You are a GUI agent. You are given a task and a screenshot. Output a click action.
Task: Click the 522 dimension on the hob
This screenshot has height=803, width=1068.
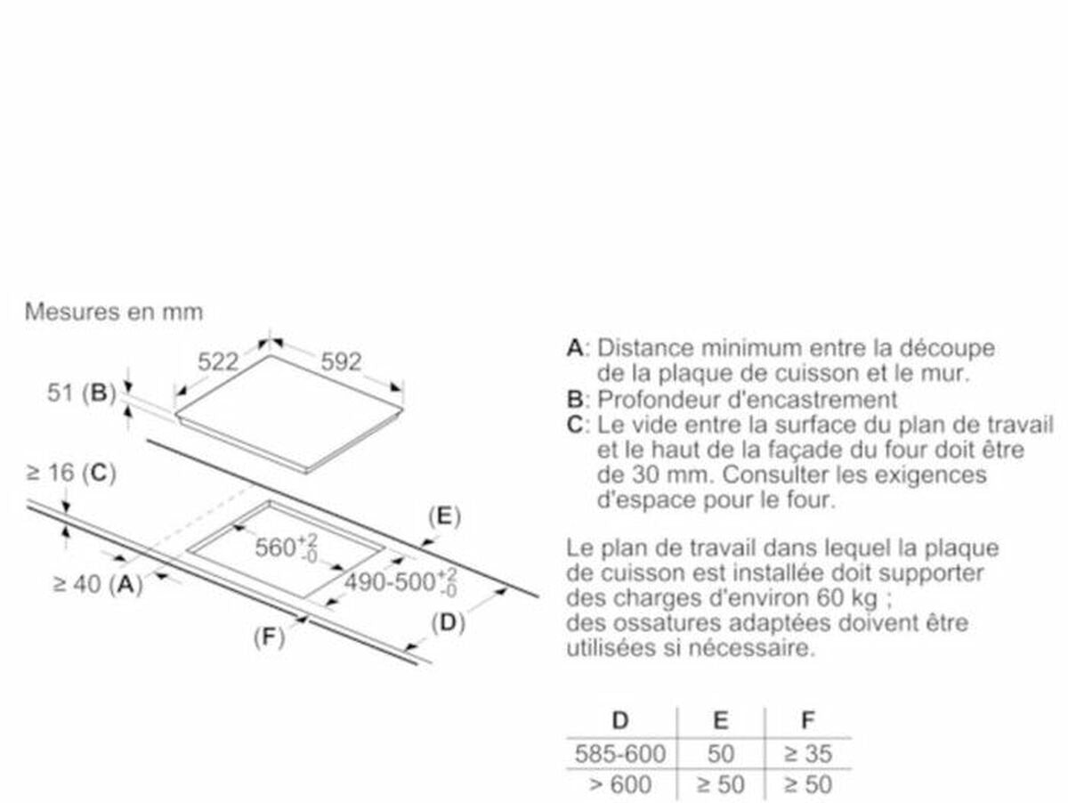point(218,361)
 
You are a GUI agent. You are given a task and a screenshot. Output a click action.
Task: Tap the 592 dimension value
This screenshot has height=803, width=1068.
point(341,361)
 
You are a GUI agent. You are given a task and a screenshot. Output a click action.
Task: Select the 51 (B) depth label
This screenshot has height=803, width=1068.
point(81,393)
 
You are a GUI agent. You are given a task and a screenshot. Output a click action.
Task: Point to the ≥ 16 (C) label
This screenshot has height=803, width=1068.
point(71,473)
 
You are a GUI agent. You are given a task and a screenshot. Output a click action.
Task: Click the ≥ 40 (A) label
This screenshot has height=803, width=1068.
point(98,584)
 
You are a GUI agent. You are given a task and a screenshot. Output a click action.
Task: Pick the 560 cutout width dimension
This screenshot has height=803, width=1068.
point(286,547)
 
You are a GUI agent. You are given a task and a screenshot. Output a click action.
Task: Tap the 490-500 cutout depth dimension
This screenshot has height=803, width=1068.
point(400,582)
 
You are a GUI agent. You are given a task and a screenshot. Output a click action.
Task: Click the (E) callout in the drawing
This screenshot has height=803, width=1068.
point(444,515)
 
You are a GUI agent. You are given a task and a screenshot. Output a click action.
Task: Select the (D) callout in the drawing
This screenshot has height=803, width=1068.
point(449,623)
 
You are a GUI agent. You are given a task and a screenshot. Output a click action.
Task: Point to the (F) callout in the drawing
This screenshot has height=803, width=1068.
point(269,637)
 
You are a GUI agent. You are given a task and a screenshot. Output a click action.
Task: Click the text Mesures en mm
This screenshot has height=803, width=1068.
point(114,312)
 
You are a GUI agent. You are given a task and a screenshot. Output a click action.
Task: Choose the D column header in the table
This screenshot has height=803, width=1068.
point(620,720)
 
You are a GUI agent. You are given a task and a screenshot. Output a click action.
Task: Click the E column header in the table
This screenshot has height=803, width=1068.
point(721,720)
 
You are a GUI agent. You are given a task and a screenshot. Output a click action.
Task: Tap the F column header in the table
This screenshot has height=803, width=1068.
point(808,720)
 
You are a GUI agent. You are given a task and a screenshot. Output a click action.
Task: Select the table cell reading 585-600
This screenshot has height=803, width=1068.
point(620,754)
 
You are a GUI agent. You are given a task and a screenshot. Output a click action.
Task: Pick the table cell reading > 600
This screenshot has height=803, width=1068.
point(620,784)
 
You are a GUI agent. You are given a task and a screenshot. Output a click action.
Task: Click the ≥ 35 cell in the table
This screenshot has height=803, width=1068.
point(808,754)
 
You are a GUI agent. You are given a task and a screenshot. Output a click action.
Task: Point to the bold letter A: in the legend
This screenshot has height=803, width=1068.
point(578,348)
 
